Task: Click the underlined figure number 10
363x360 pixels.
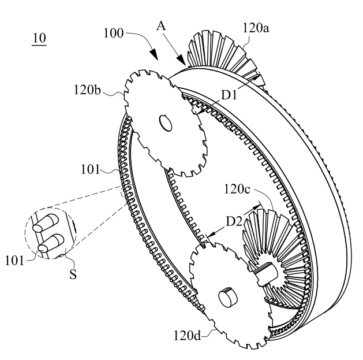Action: click(39, 39)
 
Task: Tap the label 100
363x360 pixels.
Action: click(114, 33)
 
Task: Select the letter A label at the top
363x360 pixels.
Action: click(162, 26)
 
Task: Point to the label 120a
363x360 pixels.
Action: click(256, 28)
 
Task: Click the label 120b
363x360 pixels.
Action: click(87, 90)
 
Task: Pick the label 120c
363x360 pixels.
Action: click(237, 189)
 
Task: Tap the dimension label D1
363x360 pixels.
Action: click(229, 95)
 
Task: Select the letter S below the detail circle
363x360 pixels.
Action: click(73, 274)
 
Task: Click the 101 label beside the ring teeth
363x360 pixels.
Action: click(90, 169)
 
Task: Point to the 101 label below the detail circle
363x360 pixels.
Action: click(14, 261)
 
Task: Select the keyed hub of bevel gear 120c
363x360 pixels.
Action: click(266, 273)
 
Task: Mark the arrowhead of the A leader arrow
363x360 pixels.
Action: click(181, 60)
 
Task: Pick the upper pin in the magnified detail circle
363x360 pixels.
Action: click(46, 222)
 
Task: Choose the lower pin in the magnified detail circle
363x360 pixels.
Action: click(51, 243)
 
